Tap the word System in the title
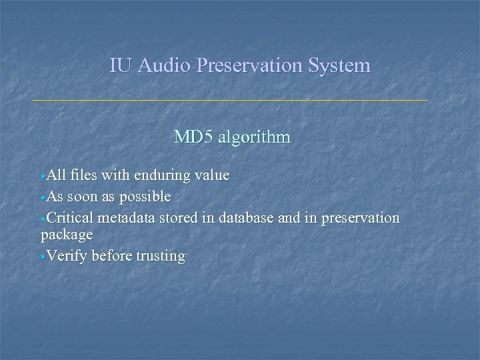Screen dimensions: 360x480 pyautogui.click(x=340, y=65)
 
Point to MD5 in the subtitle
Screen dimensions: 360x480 pyautogui.click(x=193, y=137)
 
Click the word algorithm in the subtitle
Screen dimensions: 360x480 pyautogui.click(x=254, y=137)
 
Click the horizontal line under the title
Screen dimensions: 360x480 pyautogui.click(x=230, y=100)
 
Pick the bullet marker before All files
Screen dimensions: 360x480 pyautogui.click(x=43, y=177)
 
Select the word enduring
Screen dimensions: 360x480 pyautogui.click(x=162, y=176)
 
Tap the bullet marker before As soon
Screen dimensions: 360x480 pyautogui.click(x=43, y=198)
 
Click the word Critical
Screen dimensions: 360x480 pyautogui.click(x=71, y=218)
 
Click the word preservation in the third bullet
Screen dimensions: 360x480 pyautogui.click(x=359, y=218)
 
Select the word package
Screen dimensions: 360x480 pyautogui.click(x=67, y=235)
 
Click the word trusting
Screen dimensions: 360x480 pyautogui.click(x=159, y=256)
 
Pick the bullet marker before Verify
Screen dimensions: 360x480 pyautogui.click(x=43, y=257)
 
